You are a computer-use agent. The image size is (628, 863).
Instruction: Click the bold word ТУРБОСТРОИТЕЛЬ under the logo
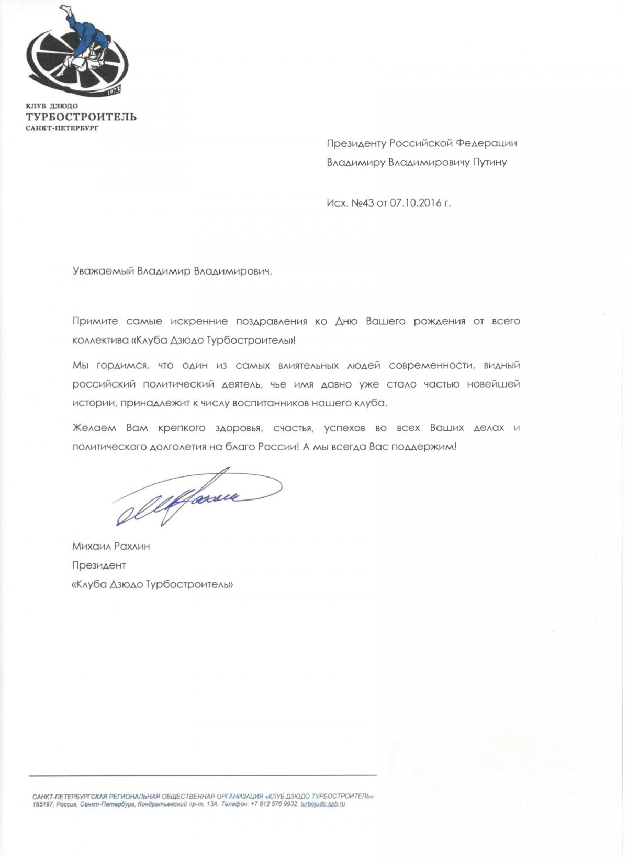[81, 117]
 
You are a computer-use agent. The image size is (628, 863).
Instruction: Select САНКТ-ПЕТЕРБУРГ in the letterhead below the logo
[62, 128]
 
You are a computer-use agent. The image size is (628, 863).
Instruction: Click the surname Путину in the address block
[490, 162]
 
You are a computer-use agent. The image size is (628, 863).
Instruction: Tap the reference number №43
[363, 203]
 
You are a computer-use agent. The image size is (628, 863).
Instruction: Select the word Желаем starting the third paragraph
[94, 428]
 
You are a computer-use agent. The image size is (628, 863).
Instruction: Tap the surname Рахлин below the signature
[132, 547]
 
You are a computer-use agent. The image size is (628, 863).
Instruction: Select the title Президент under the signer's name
[99, 565]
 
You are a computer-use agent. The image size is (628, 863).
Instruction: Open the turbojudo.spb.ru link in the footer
[323, 804]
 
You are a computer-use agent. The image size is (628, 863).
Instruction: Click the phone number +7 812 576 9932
[275, 804]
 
